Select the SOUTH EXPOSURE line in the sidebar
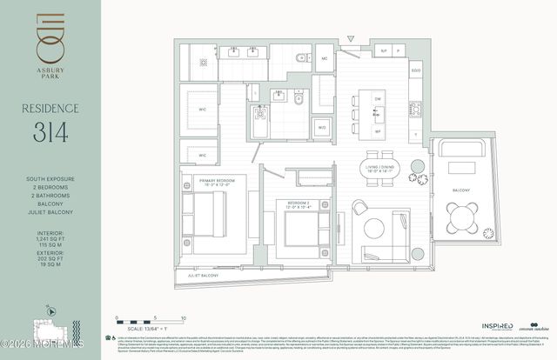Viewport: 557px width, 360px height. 50,179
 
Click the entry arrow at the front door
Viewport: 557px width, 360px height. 351,38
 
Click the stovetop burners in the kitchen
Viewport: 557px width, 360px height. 415,110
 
